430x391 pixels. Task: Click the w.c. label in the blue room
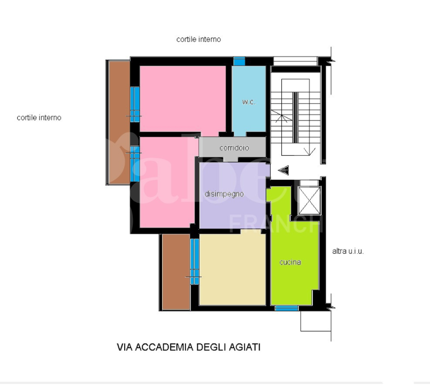click(249, 102)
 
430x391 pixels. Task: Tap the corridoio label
click(234, 148)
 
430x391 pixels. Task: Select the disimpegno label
click(224, 194)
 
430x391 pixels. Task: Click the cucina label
click(290, 262)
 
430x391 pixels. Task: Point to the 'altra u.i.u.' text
click(348, 251)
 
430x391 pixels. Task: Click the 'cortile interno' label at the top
click(198, 40)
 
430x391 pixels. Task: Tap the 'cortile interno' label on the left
click(39, 117)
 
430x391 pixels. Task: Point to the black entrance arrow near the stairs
click(283, 171)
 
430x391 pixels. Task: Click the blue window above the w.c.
click(239, 61)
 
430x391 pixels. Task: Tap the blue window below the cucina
click(286, 308)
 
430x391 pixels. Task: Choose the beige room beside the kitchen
click(232, 269)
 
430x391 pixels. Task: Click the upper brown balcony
click(118, 122)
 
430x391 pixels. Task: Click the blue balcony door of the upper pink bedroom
click(134, 103)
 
